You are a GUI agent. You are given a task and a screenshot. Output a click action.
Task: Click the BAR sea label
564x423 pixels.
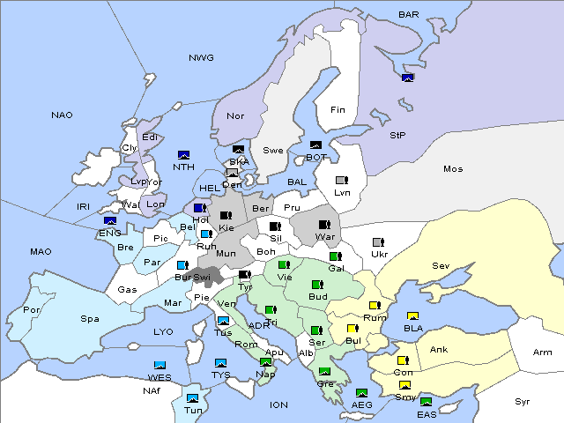pyautogui.click(x=408, y=14)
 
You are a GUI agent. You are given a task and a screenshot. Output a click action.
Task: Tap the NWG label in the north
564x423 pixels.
pyautogui.click(x=201, y=57)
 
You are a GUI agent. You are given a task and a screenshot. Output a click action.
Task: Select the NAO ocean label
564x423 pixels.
pyautogui.click(x=62, y=115)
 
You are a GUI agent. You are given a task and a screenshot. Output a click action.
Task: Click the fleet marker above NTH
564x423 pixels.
pyautogui.click(x=183, y=154)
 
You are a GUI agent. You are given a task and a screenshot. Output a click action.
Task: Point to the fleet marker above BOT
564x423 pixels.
pyautogui.click(x=315, y=145)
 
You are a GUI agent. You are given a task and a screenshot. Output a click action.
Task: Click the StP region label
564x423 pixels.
pyautogui.click(x=397, y=136)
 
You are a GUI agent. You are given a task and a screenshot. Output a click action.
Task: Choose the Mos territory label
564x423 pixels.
pyautogui.click(x=453, y=168)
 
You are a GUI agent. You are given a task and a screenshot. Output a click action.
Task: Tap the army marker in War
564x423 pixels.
pyautogui.click(x=325, y=225)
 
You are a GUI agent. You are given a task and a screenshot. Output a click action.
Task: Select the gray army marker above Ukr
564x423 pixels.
pyautogui.click(x=378, y=242)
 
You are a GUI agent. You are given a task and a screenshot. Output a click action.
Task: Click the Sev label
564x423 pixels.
pyautogui.click(x=441, y=265)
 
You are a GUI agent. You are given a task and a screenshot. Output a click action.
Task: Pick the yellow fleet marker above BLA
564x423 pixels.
pyautogui.click(x=412, y=316)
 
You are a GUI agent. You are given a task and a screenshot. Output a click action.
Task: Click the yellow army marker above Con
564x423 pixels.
pyautogui.click(x=403, y=360)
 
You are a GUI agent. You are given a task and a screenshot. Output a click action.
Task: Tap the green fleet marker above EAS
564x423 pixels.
pyautogui.click(x=426, y=403)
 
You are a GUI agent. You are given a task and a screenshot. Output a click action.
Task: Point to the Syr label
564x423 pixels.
pyautogui.click(x=523, y=401)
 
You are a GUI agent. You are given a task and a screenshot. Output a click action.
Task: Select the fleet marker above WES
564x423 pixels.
pyautogui.click(x=160, y=365)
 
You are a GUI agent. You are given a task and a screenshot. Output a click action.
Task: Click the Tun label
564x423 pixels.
pyautogui.click(x=193, y=410)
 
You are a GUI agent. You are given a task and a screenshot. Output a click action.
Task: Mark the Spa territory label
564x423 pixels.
pyautogui.click(x=89, y=318)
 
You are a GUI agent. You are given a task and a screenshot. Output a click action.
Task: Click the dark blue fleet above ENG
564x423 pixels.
pyautogui.click(x=110, y=221)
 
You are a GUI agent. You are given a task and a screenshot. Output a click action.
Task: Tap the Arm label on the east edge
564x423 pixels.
pyautogui.click(x=542, y=352)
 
